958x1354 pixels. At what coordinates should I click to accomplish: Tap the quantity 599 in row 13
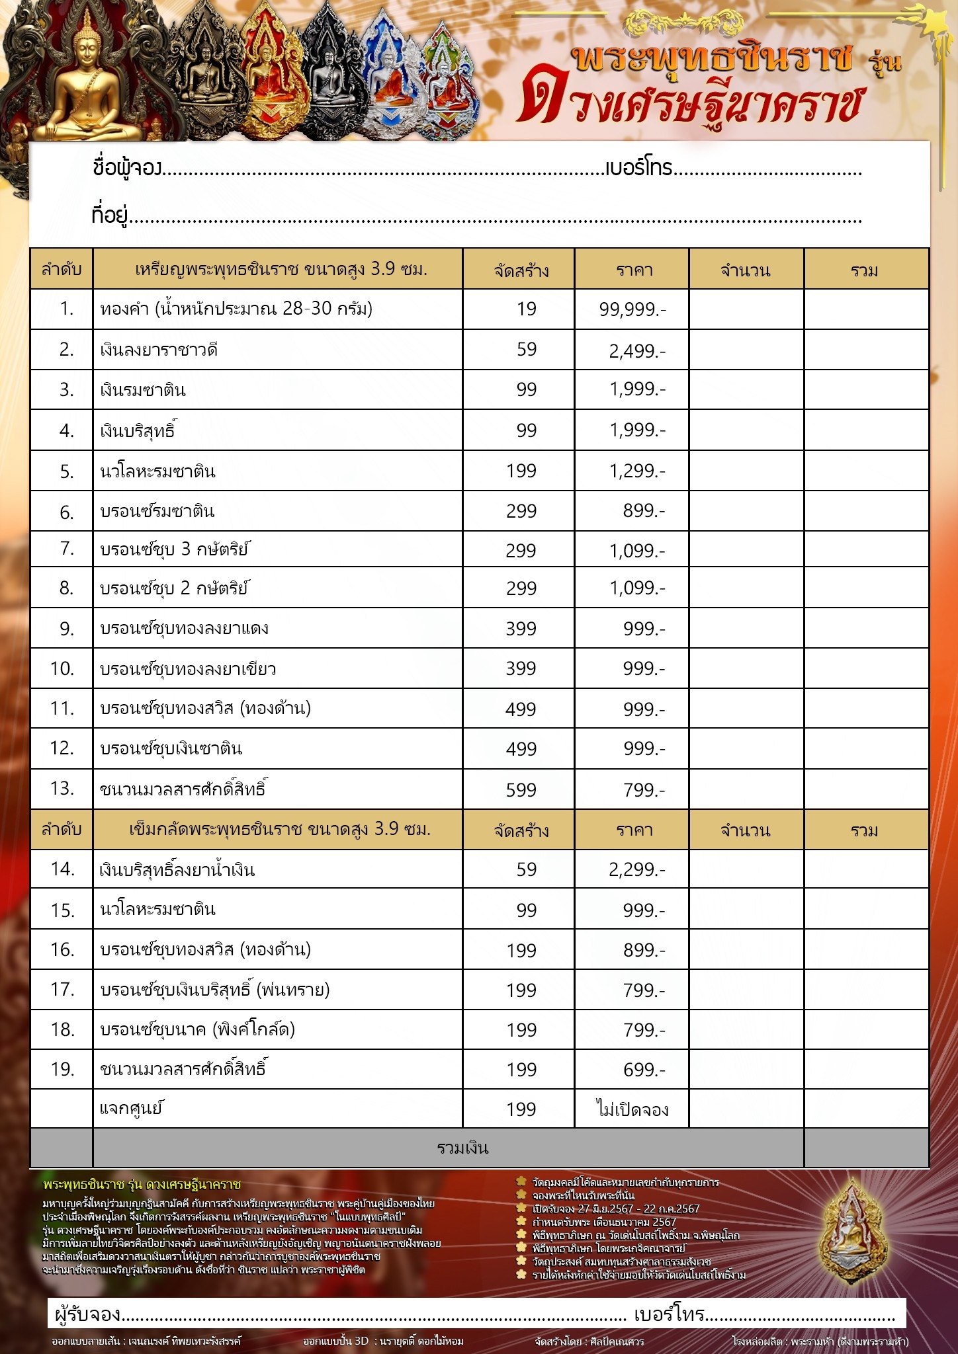[x=521, y=789]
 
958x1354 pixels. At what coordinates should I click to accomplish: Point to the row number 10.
[x=62, y=668]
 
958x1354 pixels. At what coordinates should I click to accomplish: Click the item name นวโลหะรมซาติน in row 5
[x=157, y=471]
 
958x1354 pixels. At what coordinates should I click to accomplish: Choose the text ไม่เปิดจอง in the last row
[x=632, y=1109]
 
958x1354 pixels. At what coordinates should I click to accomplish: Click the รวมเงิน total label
[x=462, y=1148]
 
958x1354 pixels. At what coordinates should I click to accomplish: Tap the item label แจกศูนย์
[x=131, y=1108]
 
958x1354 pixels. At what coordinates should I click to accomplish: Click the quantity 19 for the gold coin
[x=527, y=309]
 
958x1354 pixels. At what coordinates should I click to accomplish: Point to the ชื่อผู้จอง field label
[x=128, y=168]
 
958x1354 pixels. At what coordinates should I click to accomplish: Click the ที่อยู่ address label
[x=109, y=215]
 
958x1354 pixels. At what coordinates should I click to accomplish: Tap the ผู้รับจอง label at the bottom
[x=87, y=1314]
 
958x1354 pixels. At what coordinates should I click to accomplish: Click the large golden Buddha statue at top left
[x=88, y=86]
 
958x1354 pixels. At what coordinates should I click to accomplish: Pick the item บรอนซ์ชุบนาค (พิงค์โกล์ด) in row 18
[x=197, y=1029]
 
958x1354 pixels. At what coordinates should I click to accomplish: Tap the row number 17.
[x=62, y=989]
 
